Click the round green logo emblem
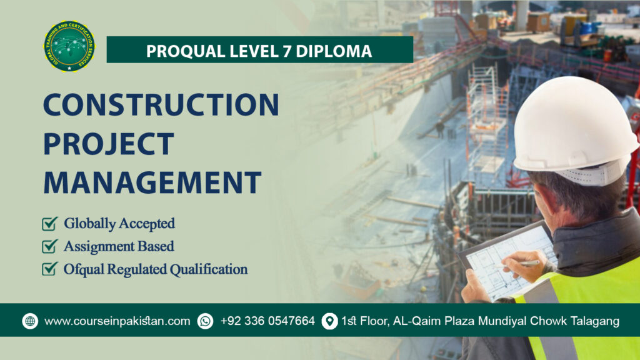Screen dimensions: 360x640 coord(69,46)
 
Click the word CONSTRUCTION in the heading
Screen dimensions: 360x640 coord(161,104)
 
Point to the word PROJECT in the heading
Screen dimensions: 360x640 coord(107,144)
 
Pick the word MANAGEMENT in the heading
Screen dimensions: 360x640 coord(152,182)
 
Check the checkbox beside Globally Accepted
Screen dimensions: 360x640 coord(49,223)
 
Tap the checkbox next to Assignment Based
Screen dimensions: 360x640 coord(49,246)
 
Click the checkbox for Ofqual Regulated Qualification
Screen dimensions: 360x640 coord(49,269)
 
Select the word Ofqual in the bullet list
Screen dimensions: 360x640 coord(82,269)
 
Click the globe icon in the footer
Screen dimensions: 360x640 coord(30,321)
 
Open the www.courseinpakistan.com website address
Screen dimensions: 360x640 coord(117,321)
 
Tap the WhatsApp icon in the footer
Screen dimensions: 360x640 coord(205,321)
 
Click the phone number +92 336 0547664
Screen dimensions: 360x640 coord(267,321)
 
